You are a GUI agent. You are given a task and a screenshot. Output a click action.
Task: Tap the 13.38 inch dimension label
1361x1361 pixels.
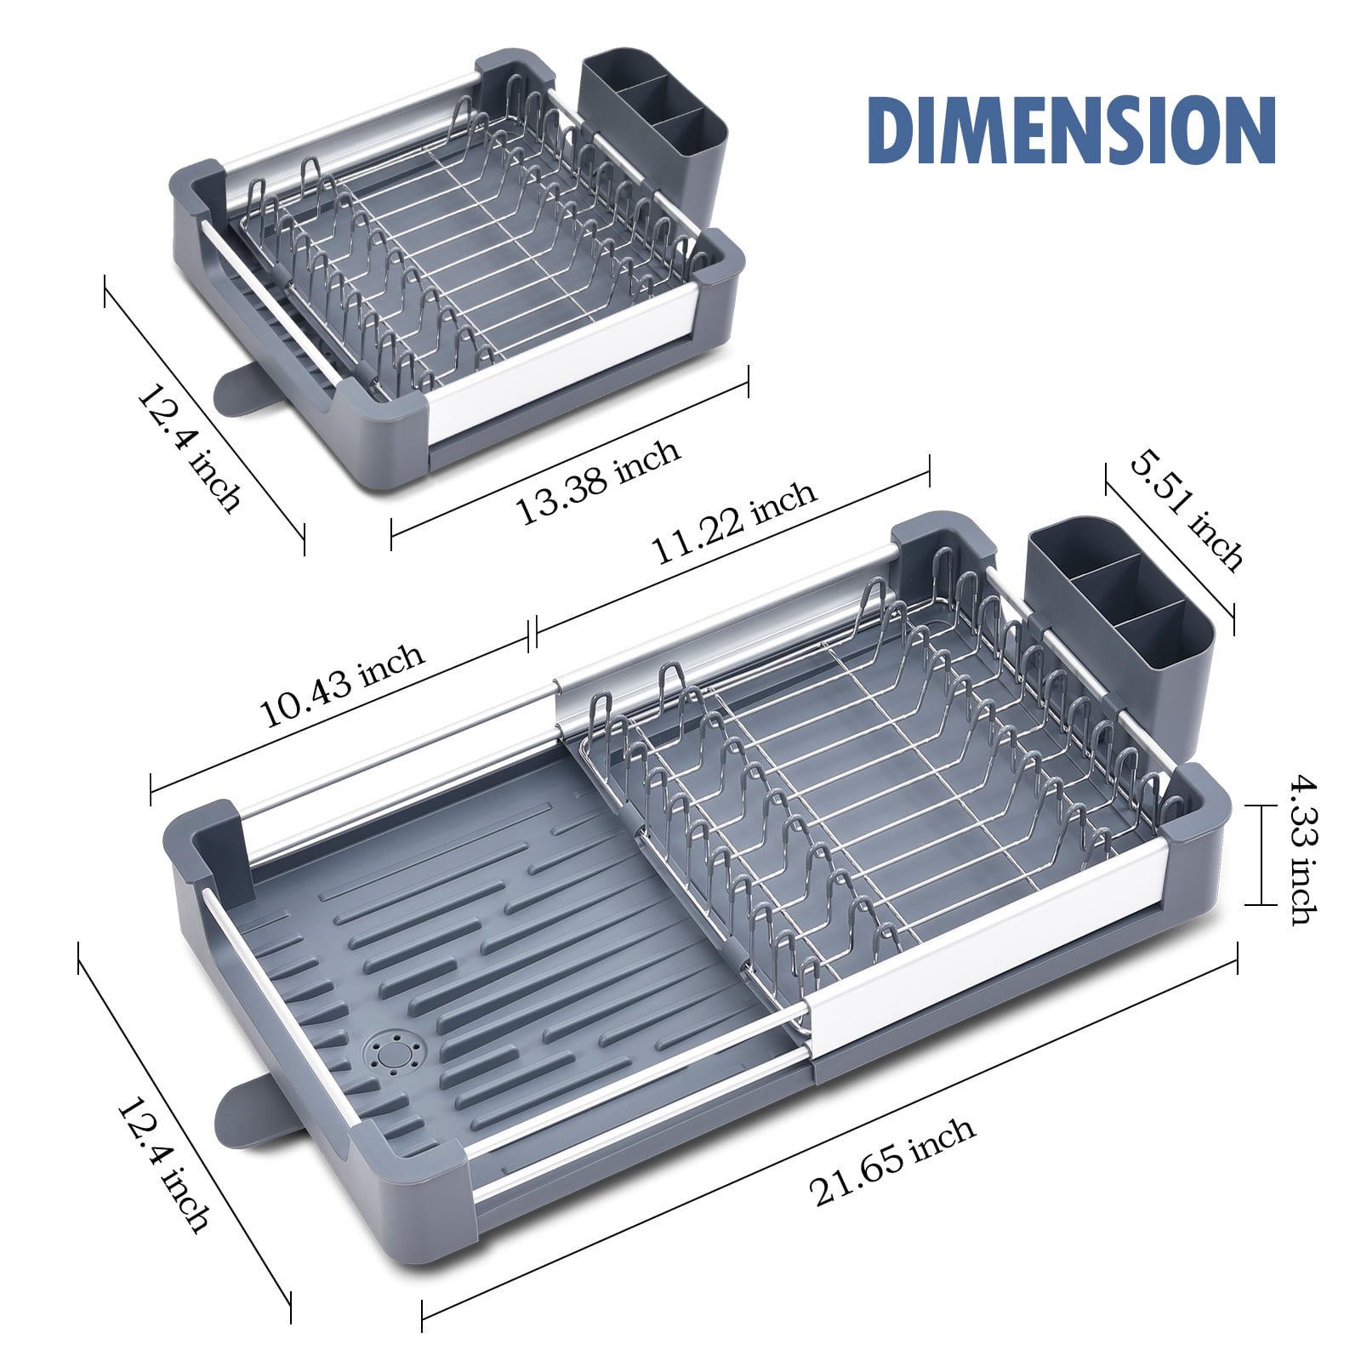click(597, 481)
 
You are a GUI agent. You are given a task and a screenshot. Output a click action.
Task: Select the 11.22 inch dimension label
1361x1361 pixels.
click(733, 521)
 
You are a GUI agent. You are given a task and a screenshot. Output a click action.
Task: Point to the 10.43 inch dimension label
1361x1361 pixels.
click(341, 684)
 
